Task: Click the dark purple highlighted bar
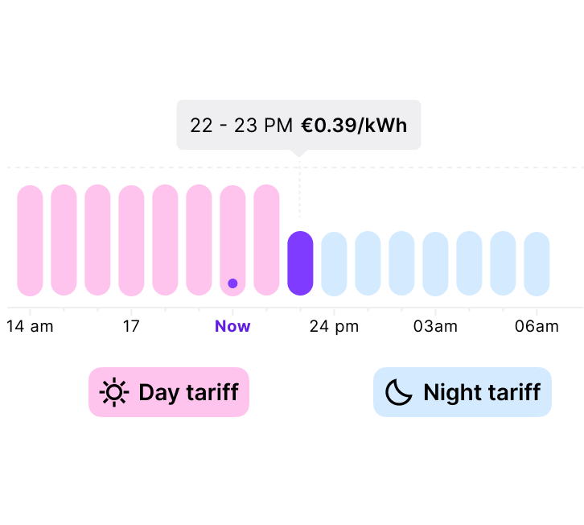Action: tap(300, 263)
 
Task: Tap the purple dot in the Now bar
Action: tap(232, 283)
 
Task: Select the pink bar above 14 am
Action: tap(31, 241)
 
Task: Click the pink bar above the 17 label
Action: tap(131, 241)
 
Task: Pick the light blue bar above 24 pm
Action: tap(334, 263)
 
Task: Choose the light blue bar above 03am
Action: tap(435, 263)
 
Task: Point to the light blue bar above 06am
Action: tap(537, 263)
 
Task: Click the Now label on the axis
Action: tap(232, 326)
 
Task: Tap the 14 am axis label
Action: tap(31, 327)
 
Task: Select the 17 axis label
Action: tap(131, 327)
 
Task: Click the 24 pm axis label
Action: tap(334, 327)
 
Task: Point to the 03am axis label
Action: tap(435, 327)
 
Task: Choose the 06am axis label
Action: tap(537, 327)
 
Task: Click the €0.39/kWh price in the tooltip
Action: tap(354, 126)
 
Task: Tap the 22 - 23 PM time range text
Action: tap(241, 126)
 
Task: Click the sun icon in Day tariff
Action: tap(114, 392)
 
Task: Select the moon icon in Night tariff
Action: tap(399, 392)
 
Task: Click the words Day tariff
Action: tap(189, 393)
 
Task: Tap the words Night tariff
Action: tap(483, 392)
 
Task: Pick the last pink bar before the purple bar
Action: tap(267, 240)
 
